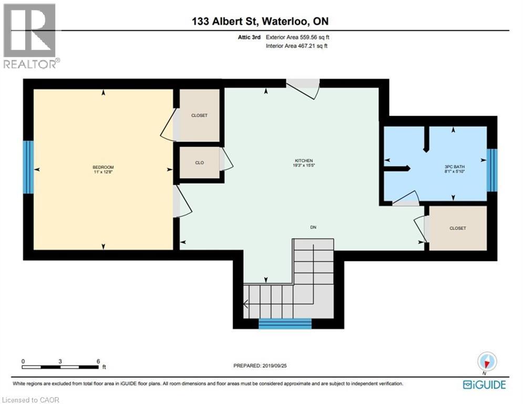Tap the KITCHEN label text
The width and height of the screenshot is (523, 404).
[304, 160]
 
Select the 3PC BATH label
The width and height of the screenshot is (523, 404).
[455, 167]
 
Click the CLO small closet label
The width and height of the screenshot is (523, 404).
[199, 163]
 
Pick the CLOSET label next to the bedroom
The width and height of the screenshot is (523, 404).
[199, 115]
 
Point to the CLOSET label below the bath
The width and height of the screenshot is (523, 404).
[458, 228]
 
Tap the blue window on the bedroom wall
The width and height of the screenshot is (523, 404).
[28, 167]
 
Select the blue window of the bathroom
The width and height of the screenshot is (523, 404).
[491, 170]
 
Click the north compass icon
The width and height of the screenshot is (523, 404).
[487, 362]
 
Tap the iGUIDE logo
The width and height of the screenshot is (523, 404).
[484, 385]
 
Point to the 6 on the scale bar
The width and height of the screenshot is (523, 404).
[98, 361]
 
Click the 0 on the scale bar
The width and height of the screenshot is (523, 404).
[23, 361]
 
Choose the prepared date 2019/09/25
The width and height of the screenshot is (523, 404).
[262, 365]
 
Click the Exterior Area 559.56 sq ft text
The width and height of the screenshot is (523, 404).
[298, 37]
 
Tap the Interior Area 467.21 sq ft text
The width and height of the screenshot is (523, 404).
[298, 46]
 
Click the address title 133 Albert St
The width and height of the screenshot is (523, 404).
[261, 22]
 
